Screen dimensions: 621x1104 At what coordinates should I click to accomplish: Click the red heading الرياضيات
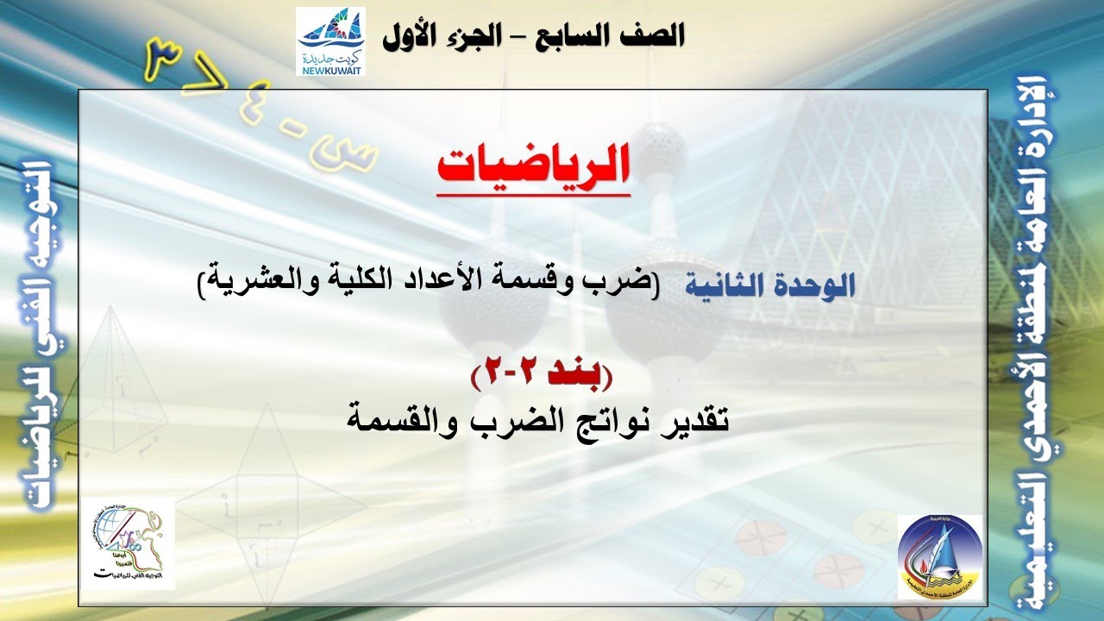[533, 166]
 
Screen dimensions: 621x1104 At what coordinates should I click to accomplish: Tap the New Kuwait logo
[330, 41]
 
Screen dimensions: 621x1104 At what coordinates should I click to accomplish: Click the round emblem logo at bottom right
[939, 556]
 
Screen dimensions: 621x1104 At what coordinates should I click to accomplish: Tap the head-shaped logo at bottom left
[129, 543]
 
